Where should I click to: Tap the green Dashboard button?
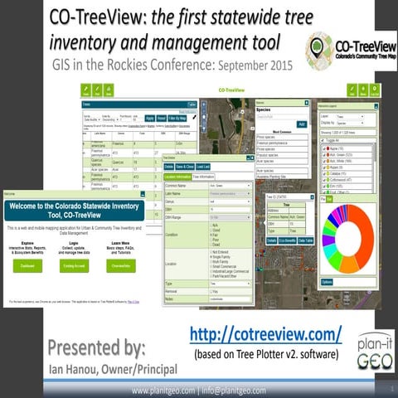(x=27, y=265)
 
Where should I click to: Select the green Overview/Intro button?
(x=121, y=265)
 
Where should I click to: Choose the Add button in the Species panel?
(x=301, y=124)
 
